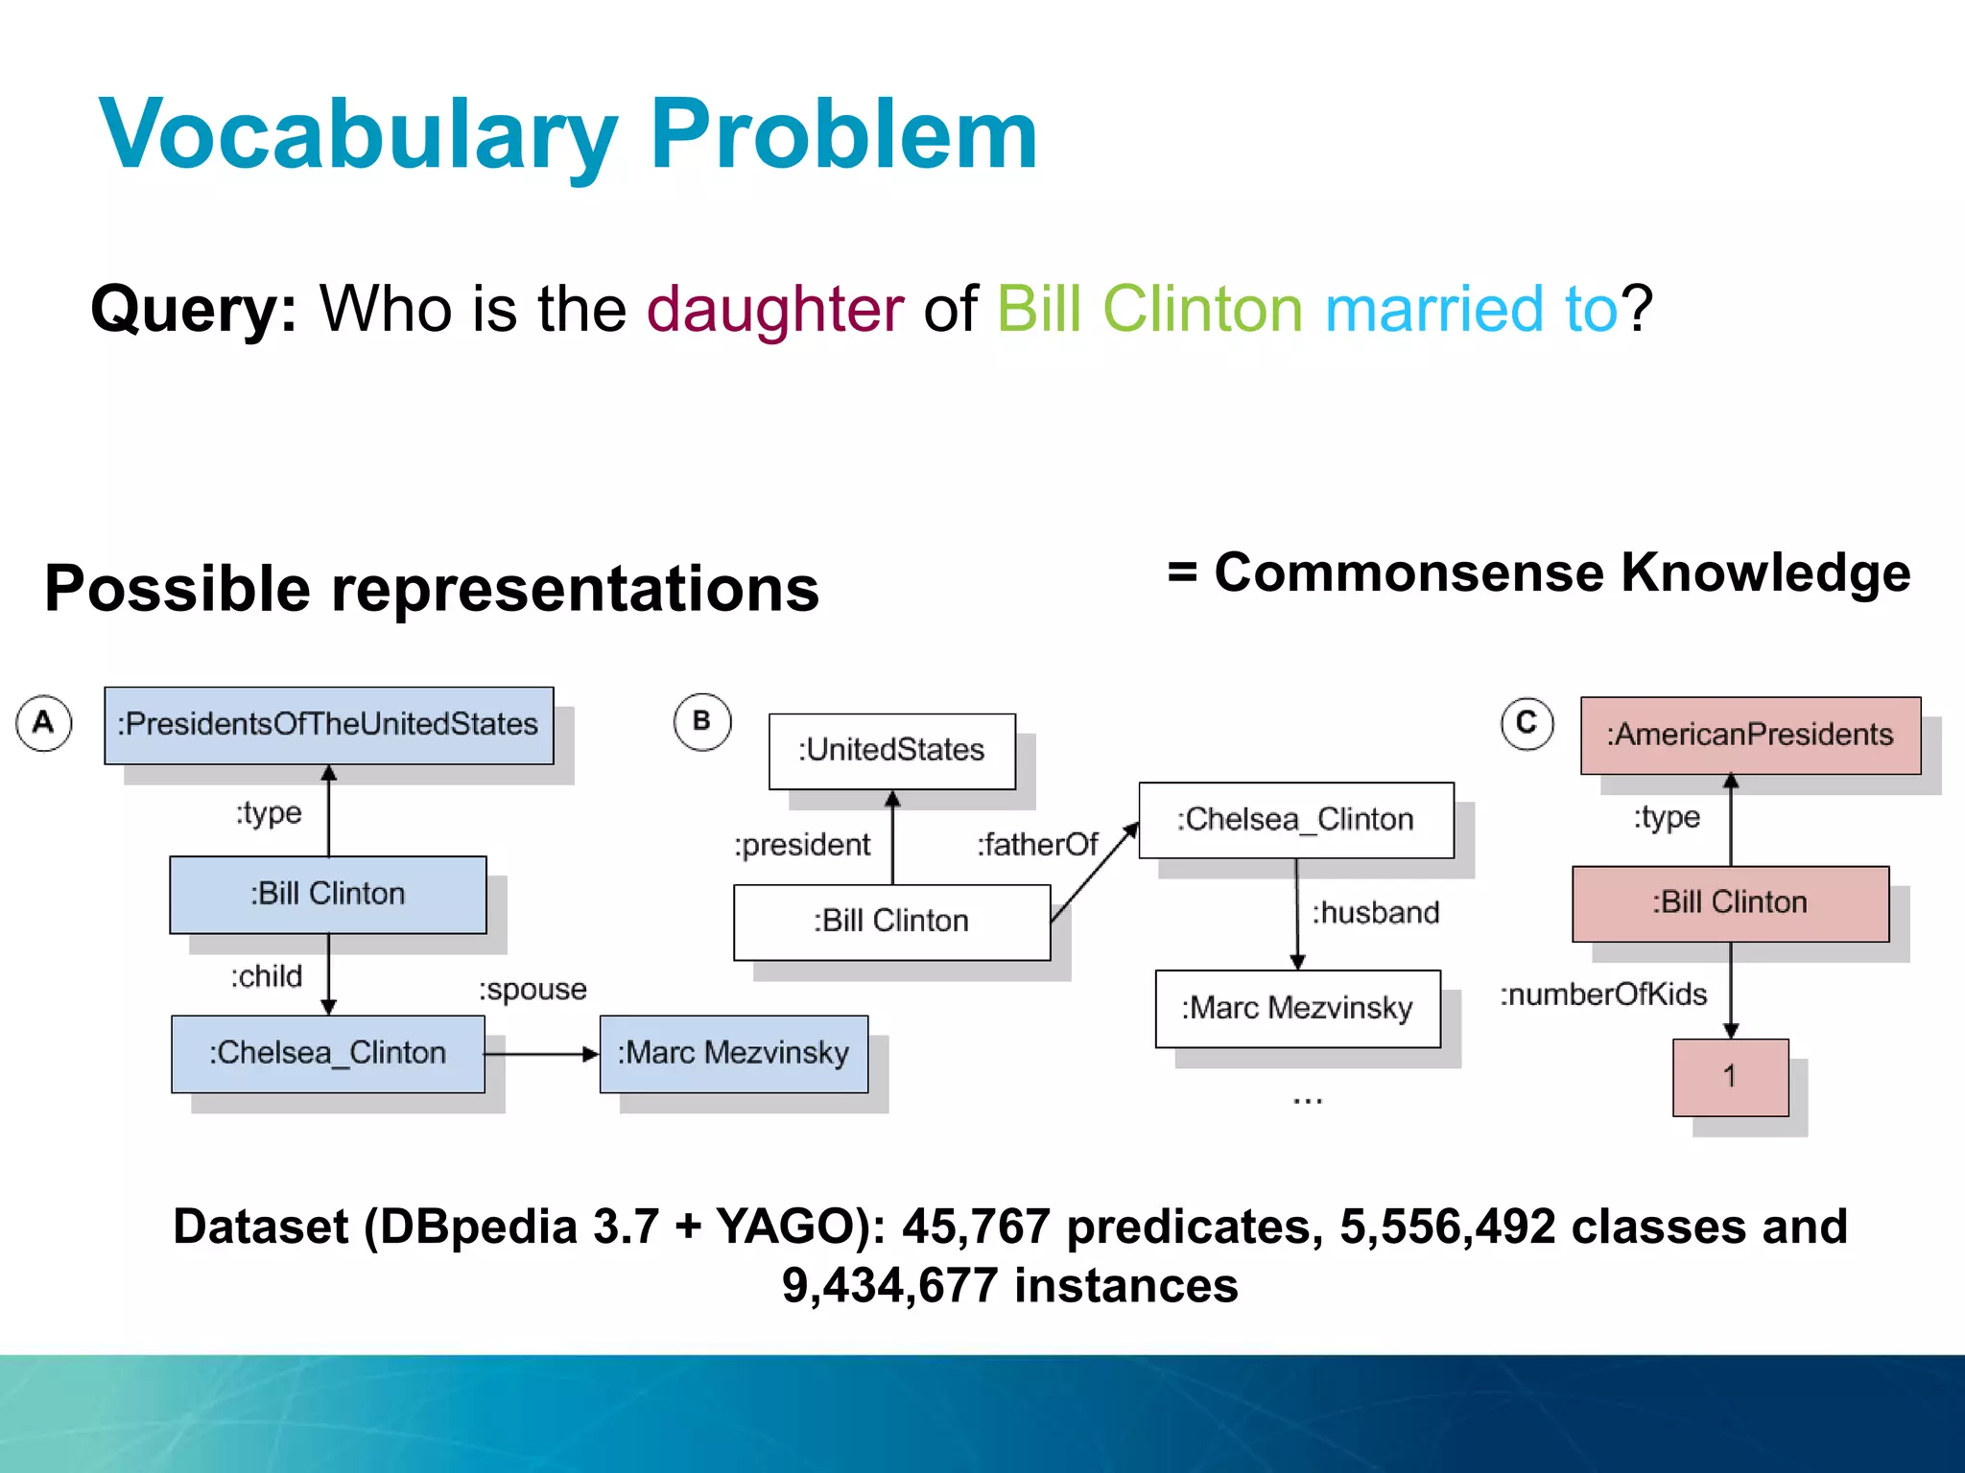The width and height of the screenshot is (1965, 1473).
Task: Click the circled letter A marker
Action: tap(44, 723)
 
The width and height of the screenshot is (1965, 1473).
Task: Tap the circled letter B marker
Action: tap(702, 721)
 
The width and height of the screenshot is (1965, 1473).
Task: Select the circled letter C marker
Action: tap(1527, 724)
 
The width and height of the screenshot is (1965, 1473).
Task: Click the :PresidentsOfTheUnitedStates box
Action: tap(328, 725)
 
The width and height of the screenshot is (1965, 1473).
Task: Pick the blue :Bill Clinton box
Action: tap(328, 894)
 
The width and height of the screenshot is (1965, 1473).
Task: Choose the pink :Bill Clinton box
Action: tap(1730, 903)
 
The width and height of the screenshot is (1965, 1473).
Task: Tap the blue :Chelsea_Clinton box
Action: tap(328, 1053)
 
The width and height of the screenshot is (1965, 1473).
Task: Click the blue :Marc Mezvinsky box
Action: tap(733, 1053)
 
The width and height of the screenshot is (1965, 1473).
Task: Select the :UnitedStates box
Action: tap(891, 751)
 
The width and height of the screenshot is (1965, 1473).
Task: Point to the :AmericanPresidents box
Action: tap(1750, 736)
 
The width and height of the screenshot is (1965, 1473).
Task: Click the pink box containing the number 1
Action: tap(1730, 1077)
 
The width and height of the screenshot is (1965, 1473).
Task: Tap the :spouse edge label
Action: tap(533, 990)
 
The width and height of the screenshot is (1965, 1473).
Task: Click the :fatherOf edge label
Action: tap(1037, 845)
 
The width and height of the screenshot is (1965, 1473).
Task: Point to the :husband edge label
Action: tap(1376, 913)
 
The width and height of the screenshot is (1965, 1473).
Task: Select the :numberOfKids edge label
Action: tap(1603, 994)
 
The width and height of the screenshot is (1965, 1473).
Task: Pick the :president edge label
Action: tap(802, 845)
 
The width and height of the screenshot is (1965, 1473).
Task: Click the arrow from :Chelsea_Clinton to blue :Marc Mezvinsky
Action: tap(542, 1054)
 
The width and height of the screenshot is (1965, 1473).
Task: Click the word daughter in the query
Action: tap(774, 310)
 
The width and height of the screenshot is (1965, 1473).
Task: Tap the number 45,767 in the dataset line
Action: tap(976, 1227)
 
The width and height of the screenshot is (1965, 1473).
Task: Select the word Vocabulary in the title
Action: tap(359, 136)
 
